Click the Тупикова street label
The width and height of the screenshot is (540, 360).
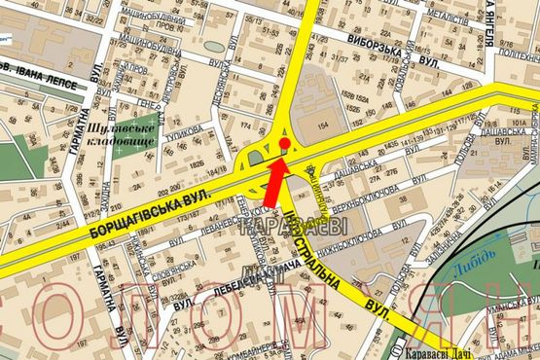coord(185,127)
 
